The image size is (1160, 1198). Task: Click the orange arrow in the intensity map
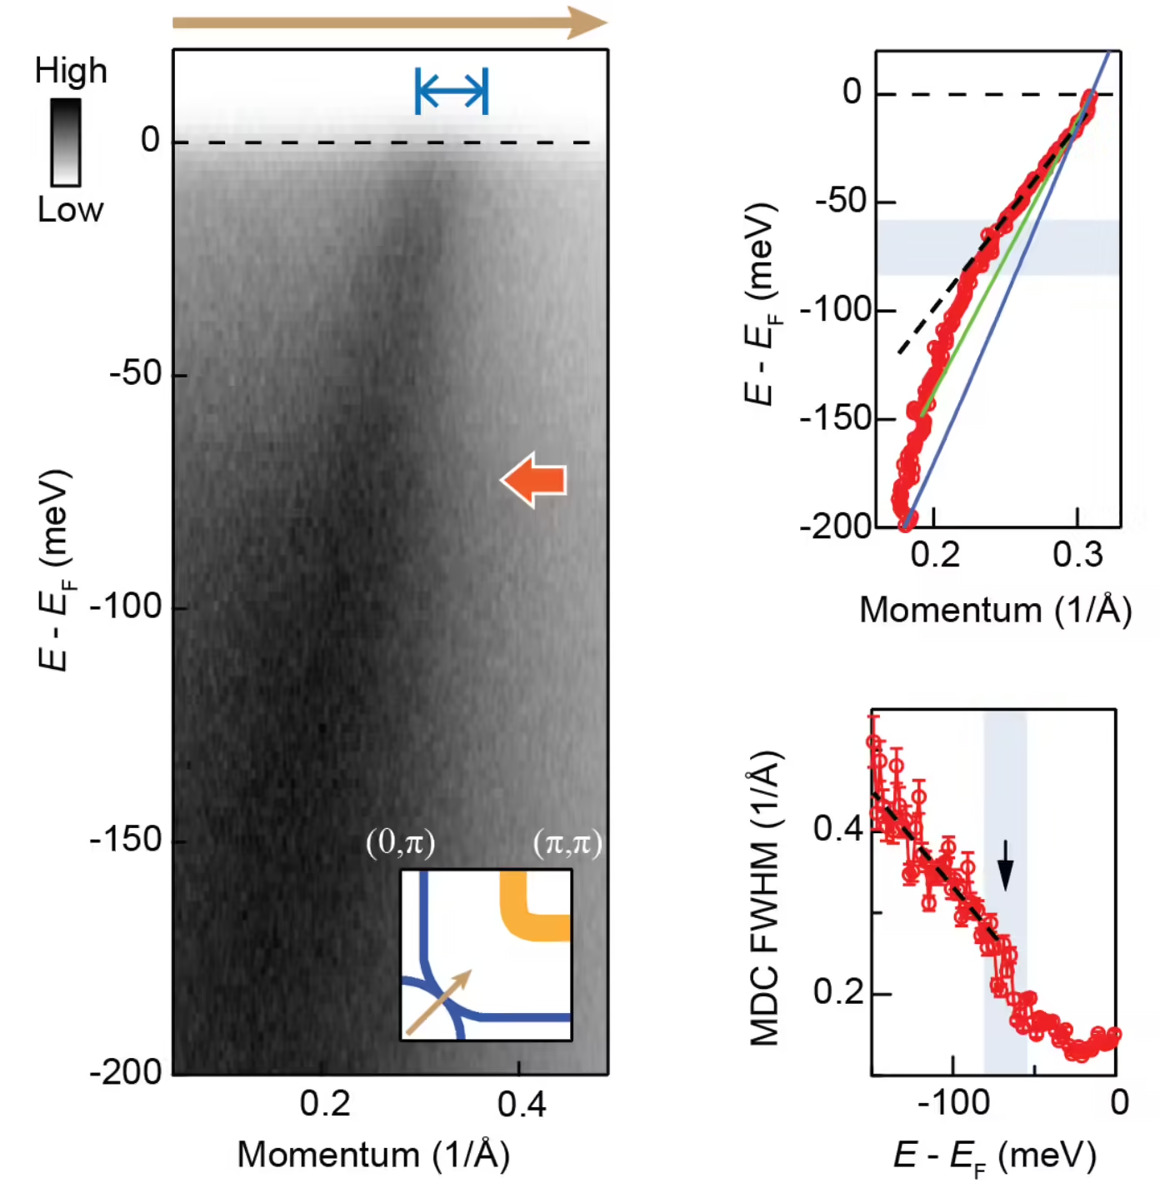(533, 480)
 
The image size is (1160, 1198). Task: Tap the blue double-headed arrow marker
(452, 92)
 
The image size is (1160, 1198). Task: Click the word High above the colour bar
(71, 71)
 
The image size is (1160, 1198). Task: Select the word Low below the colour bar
(70, 210)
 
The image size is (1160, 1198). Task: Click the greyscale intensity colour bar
(66, 142)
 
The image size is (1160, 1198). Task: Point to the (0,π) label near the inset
(400, 843)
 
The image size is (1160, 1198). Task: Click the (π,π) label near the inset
(567, 843)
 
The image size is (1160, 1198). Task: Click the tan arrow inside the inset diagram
(438, 1001)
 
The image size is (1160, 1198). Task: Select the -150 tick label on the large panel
(126, 840)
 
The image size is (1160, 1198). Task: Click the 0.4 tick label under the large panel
(521, 1105)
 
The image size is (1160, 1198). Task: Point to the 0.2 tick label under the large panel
(324, 1105)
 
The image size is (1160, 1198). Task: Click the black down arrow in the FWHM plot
(1005, 865)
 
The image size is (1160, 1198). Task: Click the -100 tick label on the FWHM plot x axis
(953, 1102)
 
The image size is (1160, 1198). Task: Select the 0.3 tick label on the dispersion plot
(1077, 555)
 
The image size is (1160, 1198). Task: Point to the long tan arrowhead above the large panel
(587, 22)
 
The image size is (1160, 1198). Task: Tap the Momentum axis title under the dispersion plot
(995, 610)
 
